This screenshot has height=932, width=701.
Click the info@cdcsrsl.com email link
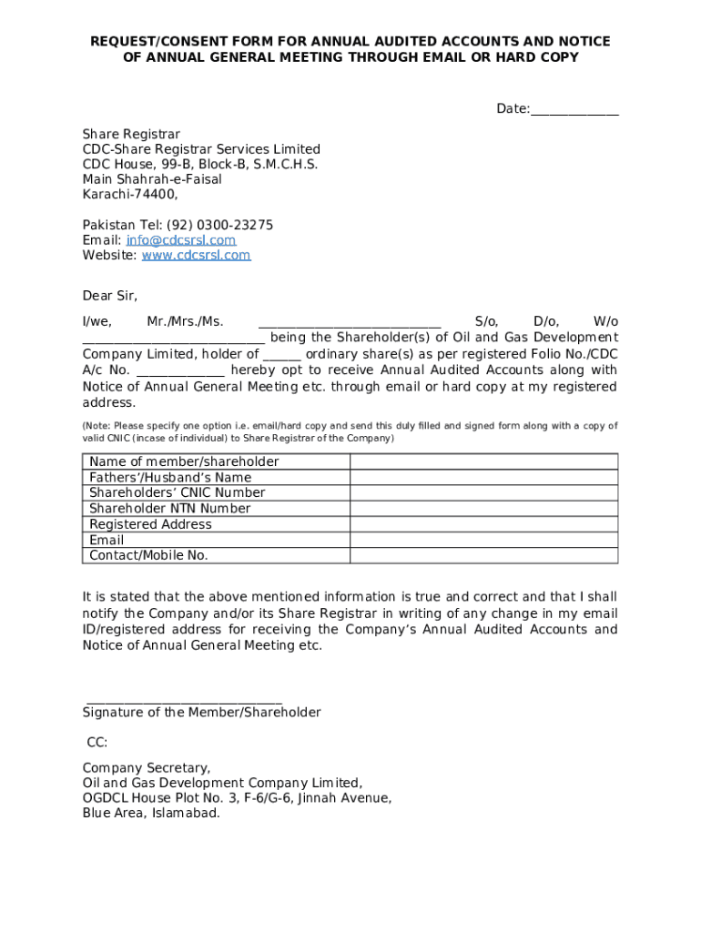(x=181, y=240)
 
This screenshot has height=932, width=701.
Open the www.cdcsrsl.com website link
(x=196, y=256)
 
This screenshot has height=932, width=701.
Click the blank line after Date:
(x=574, y=110)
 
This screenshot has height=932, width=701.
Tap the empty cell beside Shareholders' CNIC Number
(x=483, y=492)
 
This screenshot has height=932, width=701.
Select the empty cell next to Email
(x=483, y=540)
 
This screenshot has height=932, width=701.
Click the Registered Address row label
(x=150, y=524)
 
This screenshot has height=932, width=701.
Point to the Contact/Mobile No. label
(x=148, y=555)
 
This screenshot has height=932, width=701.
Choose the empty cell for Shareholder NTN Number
(x=483, y=508)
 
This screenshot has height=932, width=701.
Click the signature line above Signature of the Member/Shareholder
(x=183, y=698)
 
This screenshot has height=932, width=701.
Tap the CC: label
(x=97, y=743)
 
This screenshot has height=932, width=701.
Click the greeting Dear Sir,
(x=110, y=296)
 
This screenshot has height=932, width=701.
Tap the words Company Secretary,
(x=147, y=768)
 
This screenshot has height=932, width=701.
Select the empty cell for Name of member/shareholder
(x=483, y=461)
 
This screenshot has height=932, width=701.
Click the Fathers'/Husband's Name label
(x=170, y=477)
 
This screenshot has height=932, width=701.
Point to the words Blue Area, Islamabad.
(x=151, y=814)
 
